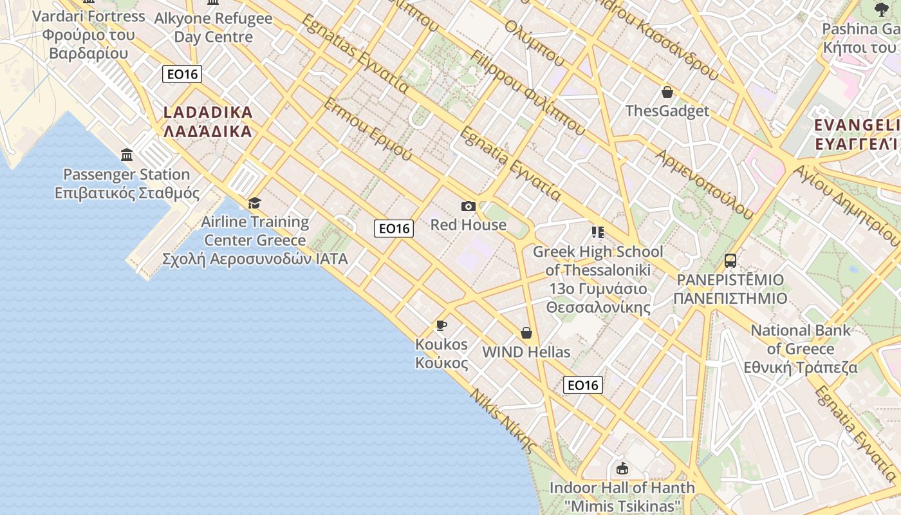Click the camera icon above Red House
469,206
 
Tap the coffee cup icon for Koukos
441,325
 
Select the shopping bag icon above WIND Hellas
526,333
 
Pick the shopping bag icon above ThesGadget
667,92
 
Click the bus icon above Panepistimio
730,261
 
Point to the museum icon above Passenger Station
127,155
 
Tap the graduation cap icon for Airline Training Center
255,203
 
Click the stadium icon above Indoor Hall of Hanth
622,469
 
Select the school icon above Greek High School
598,232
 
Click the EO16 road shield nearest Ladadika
182,74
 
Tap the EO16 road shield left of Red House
394,228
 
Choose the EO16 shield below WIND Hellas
582,385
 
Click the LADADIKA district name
208,122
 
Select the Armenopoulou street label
704,184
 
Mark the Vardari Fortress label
89,34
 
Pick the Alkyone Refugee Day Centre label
214,28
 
